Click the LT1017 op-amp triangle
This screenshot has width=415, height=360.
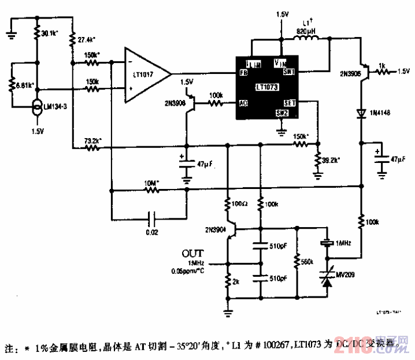pyautogui.click(x=146, y=71)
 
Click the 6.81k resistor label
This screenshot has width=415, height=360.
pyautogui.click(x=24, y=86)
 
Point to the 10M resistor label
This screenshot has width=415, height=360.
pyautogui.click(x=151, y=183)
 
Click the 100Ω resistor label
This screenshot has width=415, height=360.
pyautogui.click(x=239, y=203)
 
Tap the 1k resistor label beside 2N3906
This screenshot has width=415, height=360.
pyautogui.click(x=383, y=65)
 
